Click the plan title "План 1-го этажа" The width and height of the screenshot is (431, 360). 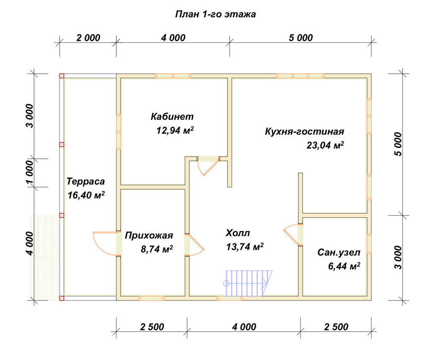click(x=215, y=14)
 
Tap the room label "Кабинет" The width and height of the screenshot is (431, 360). click(x=172, y=116)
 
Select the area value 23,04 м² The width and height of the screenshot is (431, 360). click(x=325, y=145)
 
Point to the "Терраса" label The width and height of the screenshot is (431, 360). click(x=86, y=182)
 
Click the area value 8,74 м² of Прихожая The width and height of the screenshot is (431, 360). click(x=157, y=249)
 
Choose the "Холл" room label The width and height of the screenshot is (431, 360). click(x=238, y=233)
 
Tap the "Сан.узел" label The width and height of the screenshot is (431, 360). click(x=339, y=253)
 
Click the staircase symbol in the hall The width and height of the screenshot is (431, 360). click(x=249, y=283)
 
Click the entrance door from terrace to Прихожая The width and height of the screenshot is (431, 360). click(x=108, y=244)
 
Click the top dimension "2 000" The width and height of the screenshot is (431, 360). click(x=88, y=38)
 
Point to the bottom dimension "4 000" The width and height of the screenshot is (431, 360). click(x=244, y=327)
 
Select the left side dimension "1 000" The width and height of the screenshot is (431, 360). click(x=30, y=172)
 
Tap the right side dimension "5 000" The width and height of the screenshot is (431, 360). click(x=398, y=144)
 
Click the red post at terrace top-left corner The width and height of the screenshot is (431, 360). click(x=62, y=76)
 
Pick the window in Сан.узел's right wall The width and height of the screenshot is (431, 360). click(x=369, y=243)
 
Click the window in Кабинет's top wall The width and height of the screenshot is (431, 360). click(x=173, y=76)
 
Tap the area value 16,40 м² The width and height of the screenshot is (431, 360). click(x=86, y=195)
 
